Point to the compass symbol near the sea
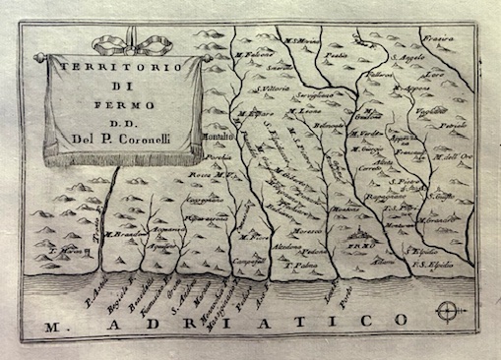coord(448,314)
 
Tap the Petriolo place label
coord(454,127)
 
